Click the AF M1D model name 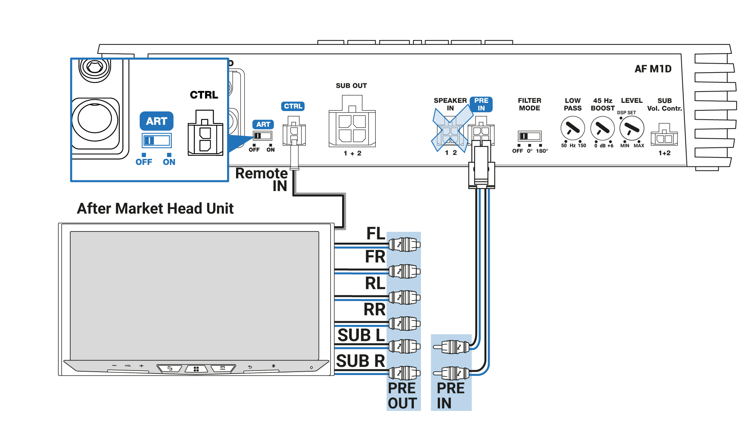pyautogui.click(x=653, y=69)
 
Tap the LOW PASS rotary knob pyautogui.click(x=573, y=128)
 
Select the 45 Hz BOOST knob pyautogui.click(x=602, y=128)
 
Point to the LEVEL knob pyautogui.click(x=632, y=128)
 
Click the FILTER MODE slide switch pyautogui.click(x=529, y=136)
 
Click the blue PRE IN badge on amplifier pyautogui.click(x=481, y=104)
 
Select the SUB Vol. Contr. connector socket pyautogui.click(x=664, y=137)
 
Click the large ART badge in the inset pyautogui.click(x=156, y=121)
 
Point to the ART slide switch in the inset pyautogui.click(x=157, y=141)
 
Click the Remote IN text pyautogui.click(x=262, y=179)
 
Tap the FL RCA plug pyautogui.click(x=404, y=245)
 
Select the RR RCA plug pyautogui.click(x=404, y=323)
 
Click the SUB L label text pyautogui.click(x=361, y=335)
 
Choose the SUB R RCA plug pyautogui.click(x=404, y=372)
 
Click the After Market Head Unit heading pyautogui.click(x=155, y=208)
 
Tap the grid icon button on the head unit pyautogui.click(x=196, y=369)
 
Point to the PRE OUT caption pyautogui.click(x=402, y=396)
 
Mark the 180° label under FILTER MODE pyautogui.click(x=542, y=151)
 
